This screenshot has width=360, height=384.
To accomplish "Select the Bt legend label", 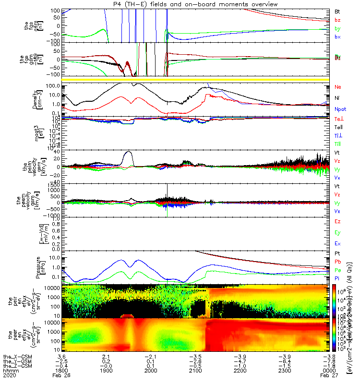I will pos(337,11).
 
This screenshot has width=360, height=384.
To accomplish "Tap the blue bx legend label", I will pos(337,37).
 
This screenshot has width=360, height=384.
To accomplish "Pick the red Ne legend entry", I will pos(338,87).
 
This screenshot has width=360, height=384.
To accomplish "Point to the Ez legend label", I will pos(337,221).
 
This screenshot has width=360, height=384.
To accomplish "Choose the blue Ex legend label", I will pos(337,243).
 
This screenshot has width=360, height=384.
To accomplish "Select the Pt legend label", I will pos(337,253).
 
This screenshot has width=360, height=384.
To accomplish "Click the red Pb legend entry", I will pos(338,262).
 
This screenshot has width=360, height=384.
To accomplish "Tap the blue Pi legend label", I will pos(337,279).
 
